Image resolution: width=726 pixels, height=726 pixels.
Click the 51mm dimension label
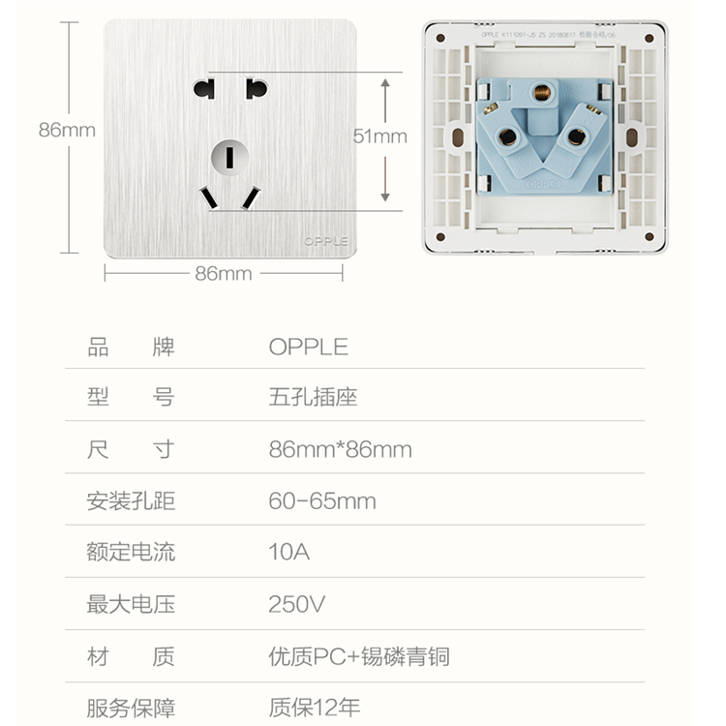pos(379,136)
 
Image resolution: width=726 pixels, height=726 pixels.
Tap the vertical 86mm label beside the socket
pos(67,130)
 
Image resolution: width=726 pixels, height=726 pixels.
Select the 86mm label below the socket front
pos(223,274)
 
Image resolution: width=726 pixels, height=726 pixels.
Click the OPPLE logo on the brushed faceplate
pos(326,241)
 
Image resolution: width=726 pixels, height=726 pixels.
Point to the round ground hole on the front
pos(229,154)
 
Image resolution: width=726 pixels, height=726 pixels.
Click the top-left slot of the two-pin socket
pos(203,90)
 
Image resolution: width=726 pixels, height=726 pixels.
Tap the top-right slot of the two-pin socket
pos(256,90)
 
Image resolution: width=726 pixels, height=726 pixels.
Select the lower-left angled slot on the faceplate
pos(208,198)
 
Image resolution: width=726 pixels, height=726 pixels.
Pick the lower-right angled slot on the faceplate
pos(251,198)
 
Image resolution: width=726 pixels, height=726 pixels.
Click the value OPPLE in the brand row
pos(308,348)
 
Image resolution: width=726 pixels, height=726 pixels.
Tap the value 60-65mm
pos(322,501)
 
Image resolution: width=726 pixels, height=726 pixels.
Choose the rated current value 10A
pos(288,553)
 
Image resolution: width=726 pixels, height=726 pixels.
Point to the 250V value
pos(297,605)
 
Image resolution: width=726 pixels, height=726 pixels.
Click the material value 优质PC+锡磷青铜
pos(358,657)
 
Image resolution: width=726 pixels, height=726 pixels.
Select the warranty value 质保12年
pos(314,708)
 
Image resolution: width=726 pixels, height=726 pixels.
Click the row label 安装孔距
pos(131,501)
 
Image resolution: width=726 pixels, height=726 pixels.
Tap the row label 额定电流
pos(131,553)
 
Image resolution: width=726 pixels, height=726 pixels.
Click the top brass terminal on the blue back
pos(538,94)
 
